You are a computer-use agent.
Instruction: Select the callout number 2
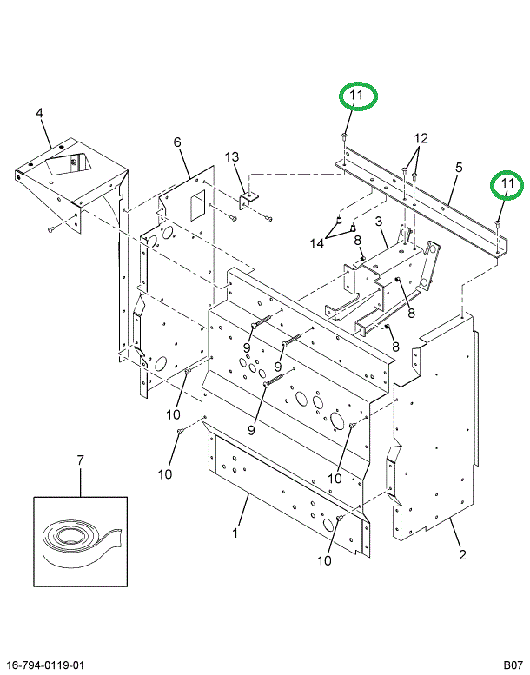[x=462, y=554]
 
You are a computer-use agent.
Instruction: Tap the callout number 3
[x=380, y=222]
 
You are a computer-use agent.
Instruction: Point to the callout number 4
[x=39, y=113]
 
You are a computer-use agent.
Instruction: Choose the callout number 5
[x=459, y=167]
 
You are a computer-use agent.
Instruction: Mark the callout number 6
[x=176, y=142]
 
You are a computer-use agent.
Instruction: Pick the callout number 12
[x=421, y=139]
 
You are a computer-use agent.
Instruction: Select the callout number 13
[x=231, y=156]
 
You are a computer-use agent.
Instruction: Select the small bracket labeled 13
[x=249, y=200]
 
